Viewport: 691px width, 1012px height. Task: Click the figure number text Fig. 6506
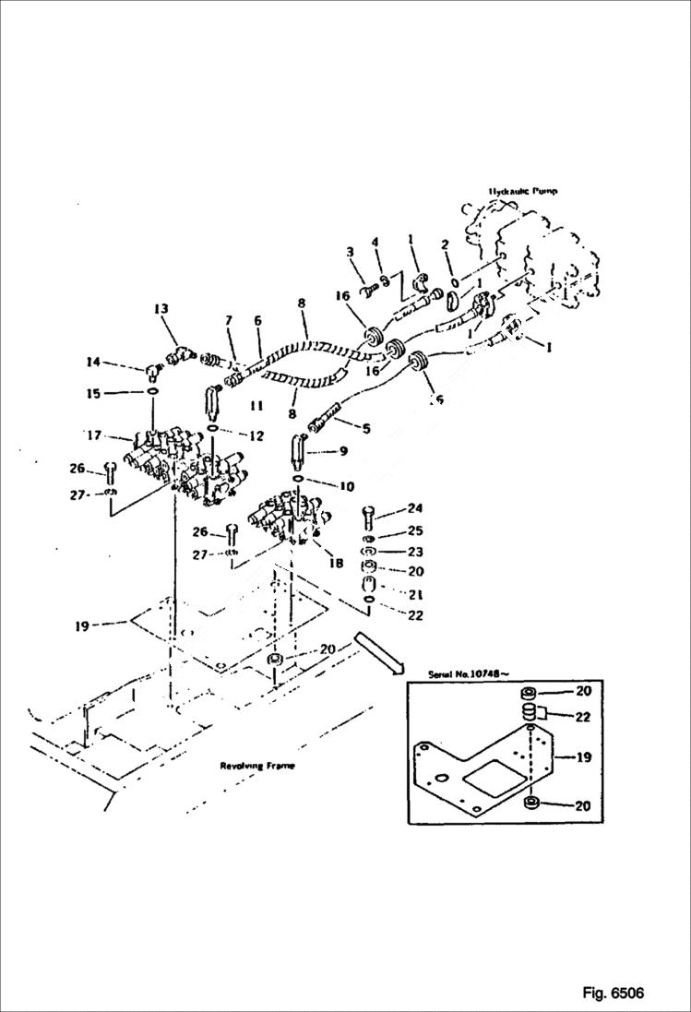pyautogui.click(x=613, y=994)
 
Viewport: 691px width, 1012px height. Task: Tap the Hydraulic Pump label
pyautogui.click(x=523, y=192)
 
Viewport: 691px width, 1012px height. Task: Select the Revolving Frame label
pyautogui.click(x=257, y=767)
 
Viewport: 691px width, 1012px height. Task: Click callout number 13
pyautogui.click(x=161, y=308)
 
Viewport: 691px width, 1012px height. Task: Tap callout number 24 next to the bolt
pyautogui.click(x=415, y=507)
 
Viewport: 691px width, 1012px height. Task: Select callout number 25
pyautogui.click(x=415, y=530)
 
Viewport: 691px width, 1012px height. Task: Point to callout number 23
pyautogui.click(x=415, y=551)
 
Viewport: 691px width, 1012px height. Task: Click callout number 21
pyautogui.click(x=415, y=593)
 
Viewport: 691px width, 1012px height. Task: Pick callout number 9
pyautogui.click(x=343, y=452)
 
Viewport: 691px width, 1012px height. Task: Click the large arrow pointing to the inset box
pyautogui.click(x=378, y=649)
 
